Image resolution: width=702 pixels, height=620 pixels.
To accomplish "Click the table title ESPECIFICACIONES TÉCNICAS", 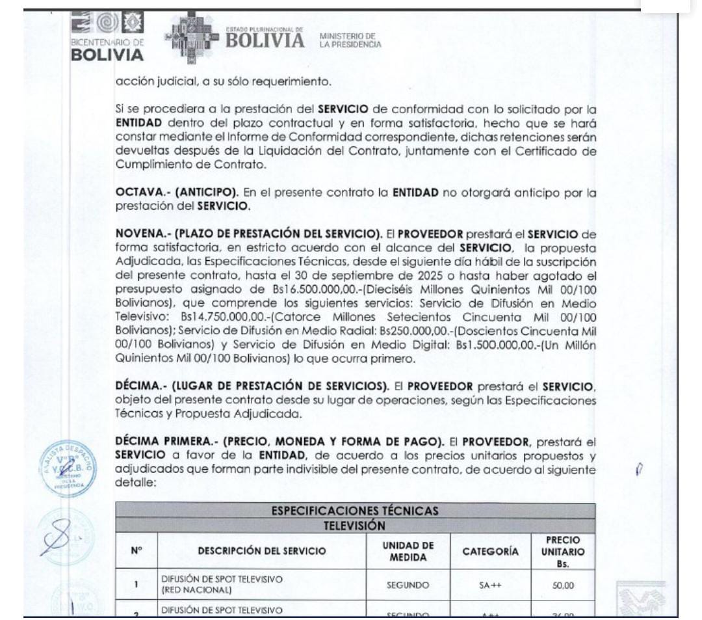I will (354, 511).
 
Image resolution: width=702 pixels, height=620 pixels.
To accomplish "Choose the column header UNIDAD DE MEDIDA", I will (408, 552).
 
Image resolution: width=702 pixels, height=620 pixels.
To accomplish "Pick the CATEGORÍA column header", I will (491, 552).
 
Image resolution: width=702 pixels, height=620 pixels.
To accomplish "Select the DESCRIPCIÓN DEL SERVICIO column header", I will (261, 552).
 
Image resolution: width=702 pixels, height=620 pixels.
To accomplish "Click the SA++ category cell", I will (491, 584).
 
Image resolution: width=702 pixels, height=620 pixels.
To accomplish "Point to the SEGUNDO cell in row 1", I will (408, 584).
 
